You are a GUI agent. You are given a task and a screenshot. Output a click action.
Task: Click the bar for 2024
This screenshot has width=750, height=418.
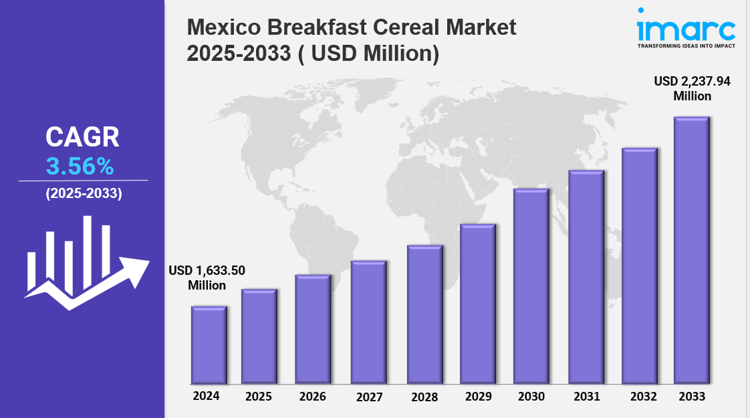click(x=209, y=345)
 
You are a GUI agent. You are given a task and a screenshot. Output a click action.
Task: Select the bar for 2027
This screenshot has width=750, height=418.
click(x=368, y=322)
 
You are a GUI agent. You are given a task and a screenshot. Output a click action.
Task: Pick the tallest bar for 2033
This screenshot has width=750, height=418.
click(x=691, y=250)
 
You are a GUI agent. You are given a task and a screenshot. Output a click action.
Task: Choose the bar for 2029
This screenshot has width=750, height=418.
click(x=477, y=304)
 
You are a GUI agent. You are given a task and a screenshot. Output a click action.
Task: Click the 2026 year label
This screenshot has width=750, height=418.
click(x=312, y=397)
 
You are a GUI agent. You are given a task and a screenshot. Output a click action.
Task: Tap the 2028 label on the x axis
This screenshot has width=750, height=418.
click(x=424, y=397)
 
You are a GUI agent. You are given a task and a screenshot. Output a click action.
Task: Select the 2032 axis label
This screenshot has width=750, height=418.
click(x=642, y=396)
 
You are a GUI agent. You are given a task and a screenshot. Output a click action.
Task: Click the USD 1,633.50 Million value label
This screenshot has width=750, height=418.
click(x=207, y=278)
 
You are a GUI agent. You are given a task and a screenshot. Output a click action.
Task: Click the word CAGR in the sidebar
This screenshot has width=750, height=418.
click(x=82, y=137)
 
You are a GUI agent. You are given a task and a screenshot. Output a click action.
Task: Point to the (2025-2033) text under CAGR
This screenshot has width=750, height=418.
click(x=84, y=194)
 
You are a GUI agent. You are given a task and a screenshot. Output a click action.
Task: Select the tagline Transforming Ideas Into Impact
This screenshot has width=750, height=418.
click(x=686, y=45)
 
